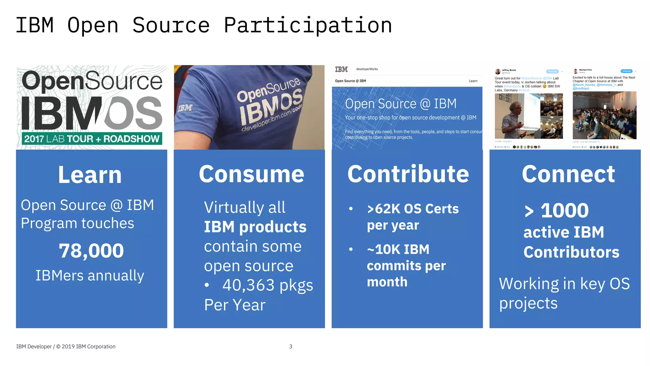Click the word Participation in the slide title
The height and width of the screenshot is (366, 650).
[x=308, y=25]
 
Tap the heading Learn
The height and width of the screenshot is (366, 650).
[x=90, y=175]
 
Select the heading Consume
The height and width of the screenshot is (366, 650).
[x=251, y=174]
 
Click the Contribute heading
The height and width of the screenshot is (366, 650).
[x=408, y=174]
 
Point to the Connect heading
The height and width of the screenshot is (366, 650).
[x=568, y=174]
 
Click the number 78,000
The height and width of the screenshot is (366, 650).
[x=91, y=251]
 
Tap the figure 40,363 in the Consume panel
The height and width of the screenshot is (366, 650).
[x=248, y=285]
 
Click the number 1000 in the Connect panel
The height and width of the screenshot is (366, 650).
[x=565, y=210]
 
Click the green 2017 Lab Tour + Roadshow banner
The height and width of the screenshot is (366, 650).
[x=92, y=139]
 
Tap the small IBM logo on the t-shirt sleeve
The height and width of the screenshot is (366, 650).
[x=185, y=108]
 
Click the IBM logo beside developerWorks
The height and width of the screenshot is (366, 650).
[x=341, y=69]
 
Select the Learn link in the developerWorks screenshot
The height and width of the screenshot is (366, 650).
[x=473, y=81]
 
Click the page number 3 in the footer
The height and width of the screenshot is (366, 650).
[x=291, y=347]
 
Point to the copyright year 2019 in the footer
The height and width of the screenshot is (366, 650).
[x=68, y=347]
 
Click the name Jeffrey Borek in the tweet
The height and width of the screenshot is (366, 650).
[x=509, y=70]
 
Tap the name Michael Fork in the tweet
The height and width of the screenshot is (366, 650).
[x=585, y=70]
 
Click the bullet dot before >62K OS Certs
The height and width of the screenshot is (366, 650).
[x=351, y=209]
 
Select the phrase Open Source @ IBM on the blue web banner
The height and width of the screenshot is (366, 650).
[x=401, y=104]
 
